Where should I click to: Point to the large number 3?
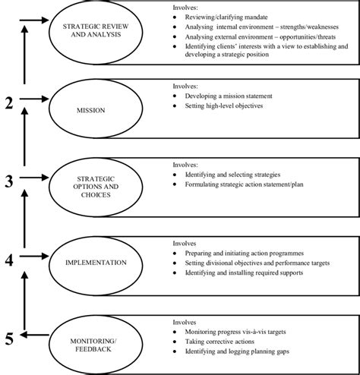(x=9, y=181)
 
